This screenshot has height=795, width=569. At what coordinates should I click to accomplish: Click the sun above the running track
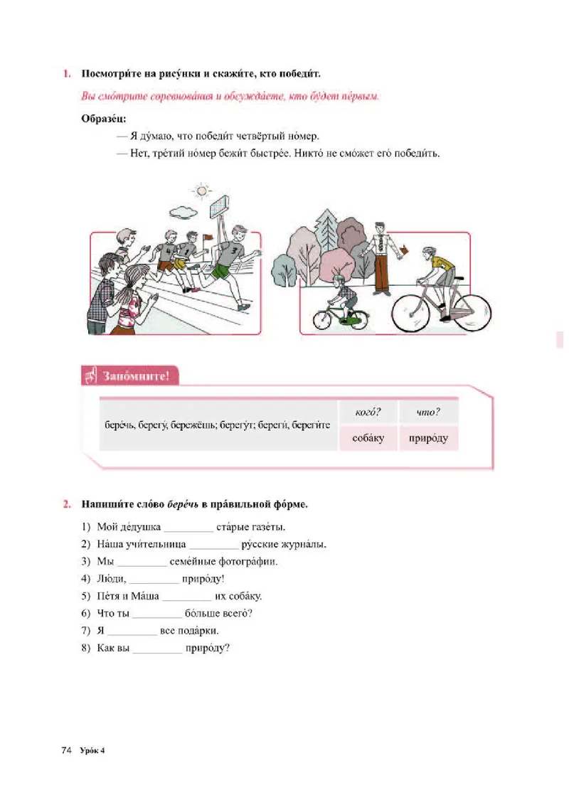202,191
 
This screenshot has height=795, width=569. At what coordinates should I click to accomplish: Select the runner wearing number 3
231,260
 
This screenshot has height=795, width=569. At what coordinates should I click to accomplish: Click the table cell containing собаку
368,438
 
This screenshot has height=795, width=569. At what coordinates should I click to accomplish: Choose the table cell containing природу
428,438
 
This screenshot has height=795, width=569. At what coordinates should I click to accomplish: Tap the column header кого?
368,412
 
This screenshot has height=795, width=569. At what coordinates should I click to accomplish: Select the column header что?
428,412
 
